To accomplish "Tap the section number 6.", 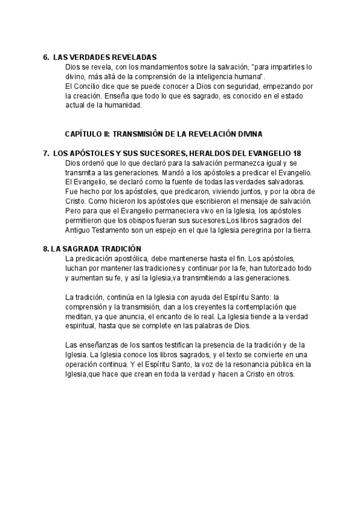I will [x=46, y=58].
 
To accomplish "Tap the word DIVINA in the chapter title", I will [x=250, y=134].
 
